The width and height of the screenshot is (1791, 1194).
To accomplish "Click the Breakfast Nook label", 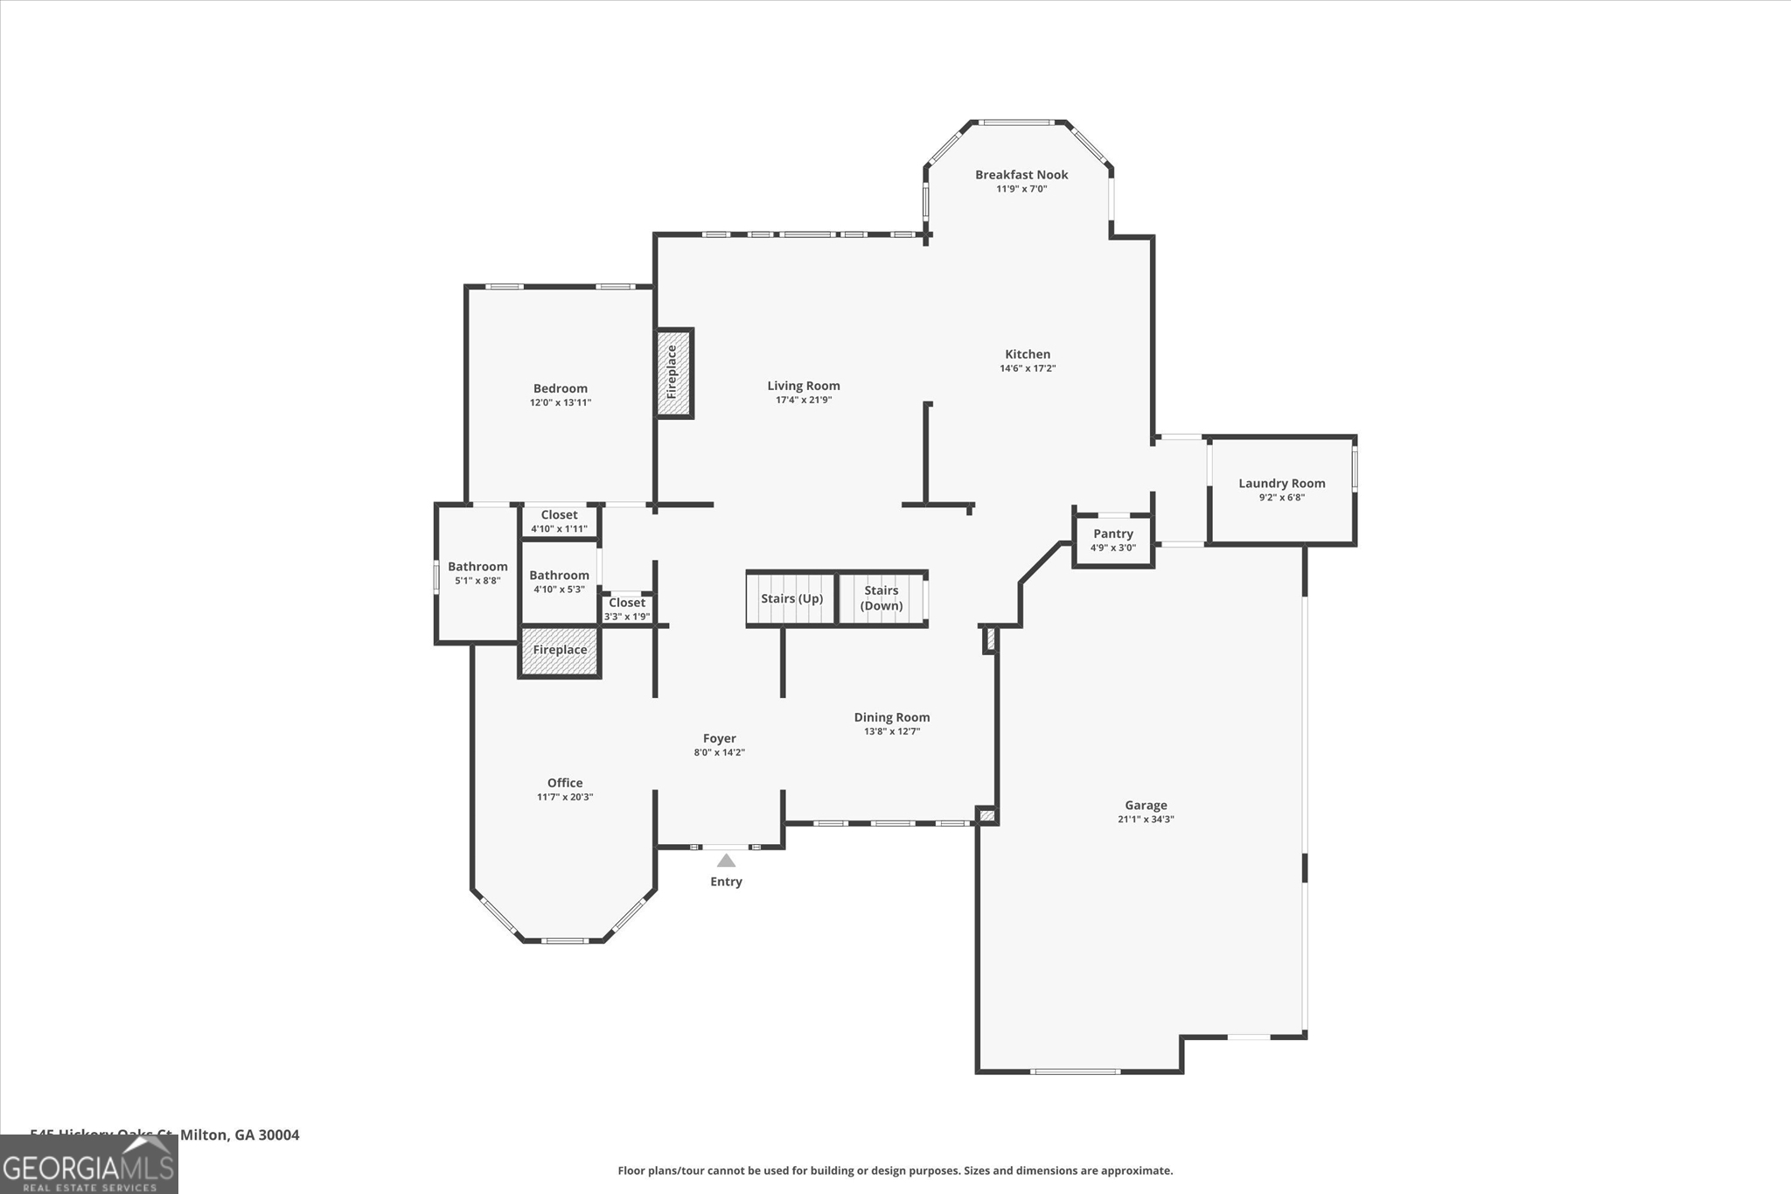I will tap(1021, 175).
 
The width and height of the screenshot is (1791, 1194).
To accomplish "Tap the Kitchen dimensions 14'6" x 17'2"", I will tap(1028, 368).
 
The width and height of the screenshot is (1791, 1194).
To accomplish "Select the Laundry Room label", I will tap(1281, 483).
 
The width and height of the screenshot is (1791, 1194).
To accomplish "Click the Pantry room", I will tap(1112, 540).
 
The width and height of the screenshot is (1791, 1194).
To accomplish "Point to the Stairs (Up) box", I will tap(791, 599).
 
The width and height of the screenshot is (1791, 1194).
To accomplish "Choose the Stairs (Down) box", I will tap(882, 598).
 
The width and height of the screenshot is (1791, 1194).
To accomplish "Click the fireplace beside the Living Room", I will tap(673, 373).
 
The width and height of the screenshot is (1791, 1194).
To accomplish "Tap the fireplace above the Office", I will tap(560, 651).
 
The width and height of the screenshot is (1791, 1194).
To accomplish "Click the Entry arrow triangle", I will tap(726, 861).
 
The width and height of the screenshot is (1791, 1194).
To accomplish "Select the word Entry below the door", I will tap(726, 882).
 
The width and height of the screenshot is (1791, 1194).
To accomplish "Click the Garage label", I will tap(1146, 806).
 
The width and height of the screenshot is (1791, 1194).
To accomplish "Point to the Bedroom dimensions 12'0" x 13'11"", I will tap(561, 403).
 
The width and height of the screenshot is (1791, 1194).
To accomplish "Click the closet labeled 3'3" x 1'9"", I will tap(627, 609).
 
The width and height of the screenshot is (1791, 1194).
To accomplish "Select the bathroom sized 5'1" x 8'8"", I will tap(477, 573).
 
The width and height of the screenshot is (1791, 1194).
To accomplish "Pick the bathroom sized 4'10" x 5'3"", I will tap(559, 582).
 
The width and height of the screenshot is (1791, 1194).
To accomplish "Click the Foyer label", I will tap(720, 738).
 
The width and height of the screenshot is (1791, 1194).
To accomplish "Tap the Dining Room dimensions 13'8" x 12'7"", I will tap(892, 731).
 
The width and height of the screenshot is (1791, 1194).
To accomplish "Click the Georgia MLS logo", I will tap(88, 1164).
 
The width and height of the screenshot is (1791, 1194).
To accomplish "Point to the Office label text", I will tap(565, 783).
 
